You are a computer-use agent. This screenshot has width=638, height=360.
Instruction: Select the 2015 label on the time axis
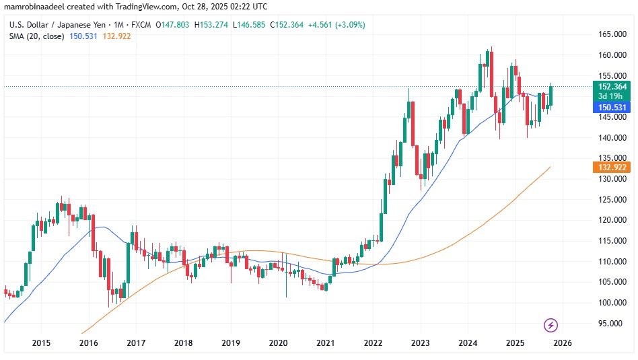pos(42,343)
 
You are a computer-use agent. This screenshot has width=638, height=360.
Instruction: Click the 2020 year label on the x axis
pos(278,343)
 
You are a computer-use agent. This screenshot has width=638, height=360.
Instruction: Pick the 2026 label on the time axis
pos(562,343)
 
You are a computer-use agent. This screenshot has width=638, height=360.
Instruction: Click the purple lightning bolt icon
pos(551,326)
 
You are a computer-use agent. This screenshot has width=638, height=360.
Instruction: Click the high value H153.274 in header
pos(211,25)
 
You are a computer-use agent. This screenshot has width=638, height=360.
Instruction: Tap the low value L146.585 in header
pos(248,25)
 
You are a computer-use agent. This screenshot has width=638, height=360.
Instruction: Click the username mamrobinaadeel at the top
pos(34,7)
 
